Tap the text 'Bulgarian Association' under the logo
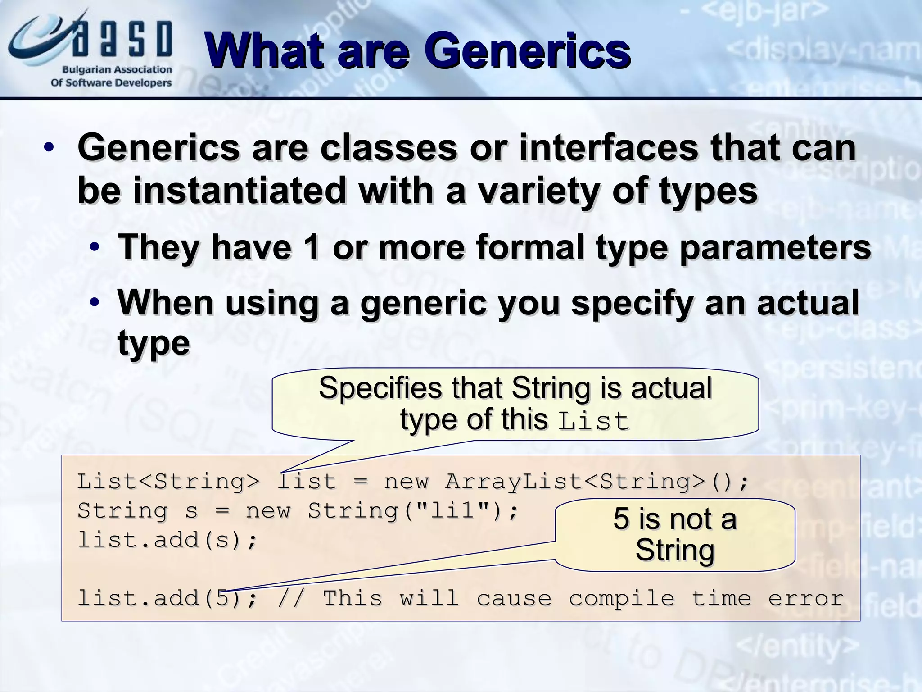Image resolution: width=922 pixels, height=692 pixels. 117,70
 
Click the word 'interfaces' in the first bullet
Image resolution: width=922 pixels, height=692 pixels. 608,148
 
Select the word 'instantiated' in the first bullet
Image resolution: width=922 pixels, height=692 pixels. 239,191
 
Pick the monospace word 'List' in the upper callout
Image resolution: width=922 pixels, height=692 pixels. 593,421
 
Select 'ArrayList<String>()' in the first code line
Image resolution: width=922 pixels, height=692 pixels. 597,482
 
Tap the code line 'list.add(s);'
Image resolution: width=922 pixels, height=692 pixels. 167,540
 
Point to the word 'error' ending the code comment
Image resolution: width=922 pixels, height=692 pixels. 805,598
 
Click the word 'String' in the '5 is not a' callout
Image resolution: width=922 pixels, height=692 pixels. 674,550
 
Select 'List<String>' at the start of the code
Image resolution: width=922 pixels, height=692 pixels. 168,482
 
